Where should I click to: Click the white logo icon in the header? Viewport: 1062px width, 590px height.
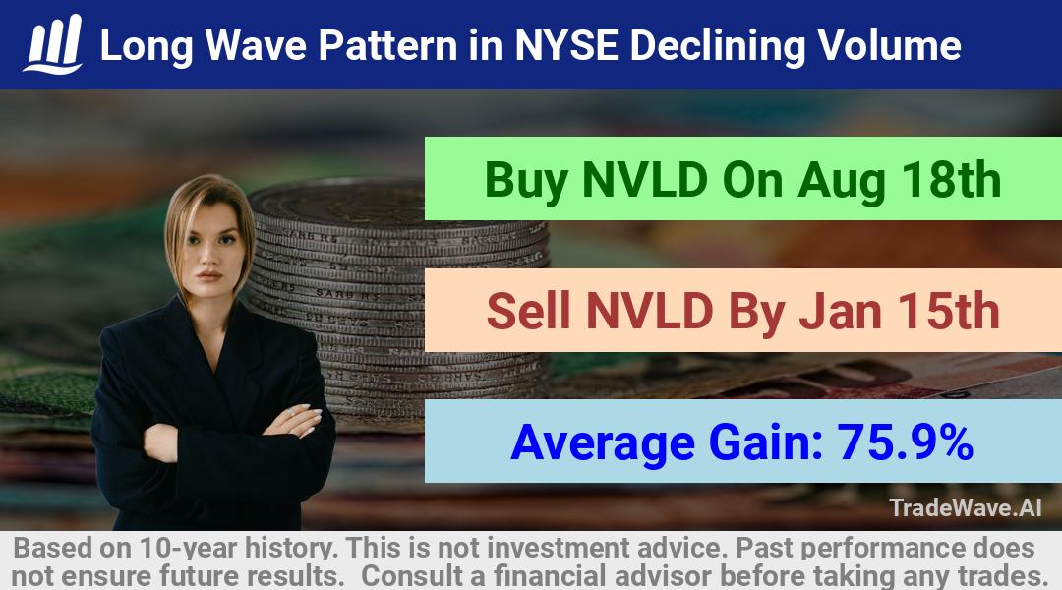pyautogui.click(x=53, y=44)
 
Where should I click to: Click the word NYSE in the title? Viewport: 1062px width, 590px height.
pyautogui.click(x=566, y=45)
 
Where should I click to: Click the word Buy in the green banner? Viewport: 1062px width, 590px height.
pyautogui.click(x=526, y=181)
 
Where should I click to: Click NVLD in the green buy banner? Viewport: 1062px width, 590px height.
pyautogui.click(x=645, y=180)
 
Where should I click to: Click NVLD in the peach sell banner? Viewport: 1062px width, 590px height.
pyautogui.click(x=649, y=312)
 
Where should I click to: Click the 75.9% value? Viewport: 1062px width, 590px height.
pyautogui.click(x=906, y=442)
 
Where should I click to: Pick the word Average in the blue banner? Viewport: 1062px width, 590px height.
pyautogui.click(x=603, y=443)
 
